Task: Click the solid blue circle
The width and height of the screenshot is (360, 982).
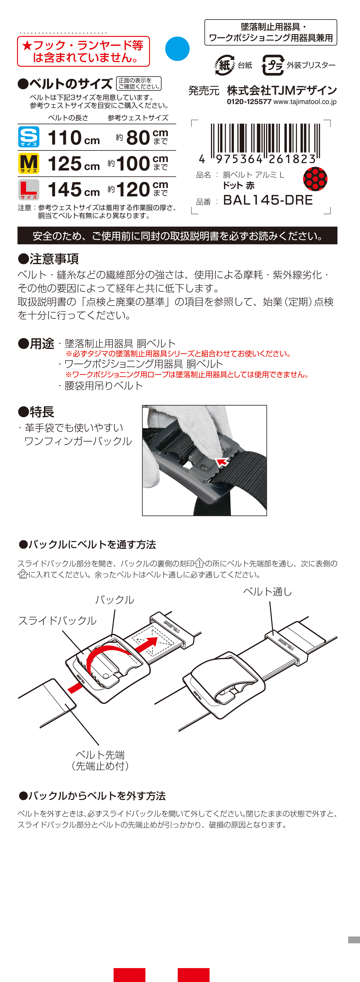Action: [x=177, y=49]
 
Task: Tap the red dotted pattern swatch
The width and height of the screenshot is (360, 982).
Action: [x=315, y=179]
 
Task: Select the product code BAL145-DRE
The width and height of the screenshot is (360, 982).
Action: [x=268, y=200]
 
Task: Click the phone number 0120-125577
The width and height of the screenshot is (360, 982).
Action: [x=249, y=102]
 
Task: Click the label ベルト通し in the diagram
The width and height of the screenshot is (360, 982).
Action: [x=267, y=592]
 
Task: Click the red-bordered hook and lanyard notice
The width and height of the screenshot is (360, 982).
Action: [x=83, y=52]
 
